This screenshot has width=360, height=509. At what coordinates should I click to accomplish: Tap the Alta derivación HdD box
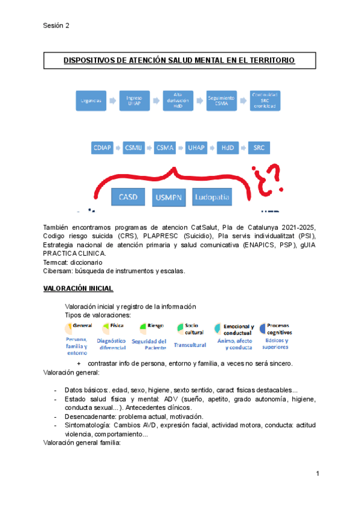(x=178, y=100)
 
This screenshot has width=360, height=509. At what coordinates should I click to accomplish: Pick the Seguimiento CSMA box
(x=221, y=100)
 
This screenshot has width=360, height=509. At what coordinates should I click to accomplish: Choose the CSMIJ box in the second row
(x=133, y=147)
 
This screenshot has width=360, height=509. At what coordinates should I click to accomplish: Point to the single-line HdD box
(x=227, y=147)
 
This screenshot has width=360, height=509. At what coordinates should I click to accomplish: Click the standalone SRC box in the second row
(x=259, y=147)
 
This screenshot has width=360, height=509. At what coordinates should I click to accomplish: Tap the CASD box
(x=129, y=196)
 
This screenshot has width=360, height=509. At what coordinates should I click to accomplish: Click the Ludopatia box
(x=212, y=196)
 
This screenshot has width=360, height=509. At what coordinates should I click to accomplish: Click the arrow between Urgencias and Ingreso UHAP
(x=113, y=100)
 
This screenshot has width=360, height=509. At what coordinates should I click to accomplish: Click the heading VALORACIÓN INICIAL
(x=78, y=288)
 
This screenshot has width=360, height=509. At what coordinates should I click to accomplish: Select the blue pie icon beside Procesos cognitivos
(x=263, y=328)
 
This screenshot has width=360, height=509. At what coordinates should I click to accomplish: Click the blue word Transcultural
(x=189, y=345)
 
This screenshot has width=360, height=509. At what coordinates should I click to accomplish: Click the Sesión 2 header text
(x=56, y=26)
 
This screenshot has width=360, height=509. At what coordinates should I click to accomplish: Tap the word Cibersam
(x=58, y=271)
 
